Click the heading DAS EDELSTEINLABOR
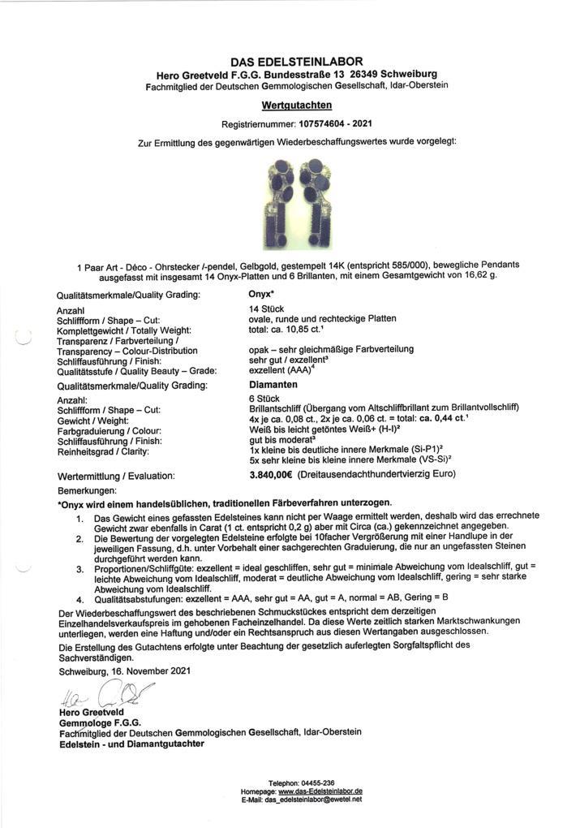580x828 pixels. point(296,62)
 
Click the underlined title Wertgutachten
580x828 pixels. point(296,105)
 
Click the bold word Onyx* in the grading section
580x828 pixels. point(264,296)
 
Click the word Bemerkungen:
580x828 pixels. point(88,491)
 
